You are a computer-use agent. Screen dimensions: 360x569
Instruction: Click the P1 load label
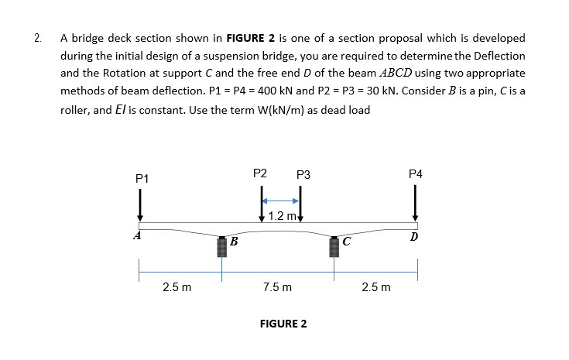[140, 179]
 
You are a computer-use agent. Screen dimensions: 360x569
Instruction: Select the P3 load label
[303, 176]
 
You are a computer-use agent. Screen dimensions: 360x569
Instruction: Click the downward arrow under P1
[140, 205]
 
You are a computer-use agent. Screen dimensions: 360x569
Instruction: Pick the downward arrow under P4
[415, 204]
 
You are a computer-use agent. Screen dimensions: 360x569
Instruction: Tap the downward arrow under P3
[300, 207]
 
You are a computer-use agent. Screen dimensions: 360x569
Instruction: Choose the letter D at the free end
[415, 235]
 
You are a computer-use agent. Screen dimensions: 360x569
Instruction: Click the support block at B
[221, 246]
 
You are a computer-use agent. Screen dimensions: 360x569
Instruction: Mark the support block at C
[334, 246]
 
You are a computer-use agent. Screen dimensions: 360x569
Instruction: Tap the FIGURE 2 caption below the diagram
[283, 324]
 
